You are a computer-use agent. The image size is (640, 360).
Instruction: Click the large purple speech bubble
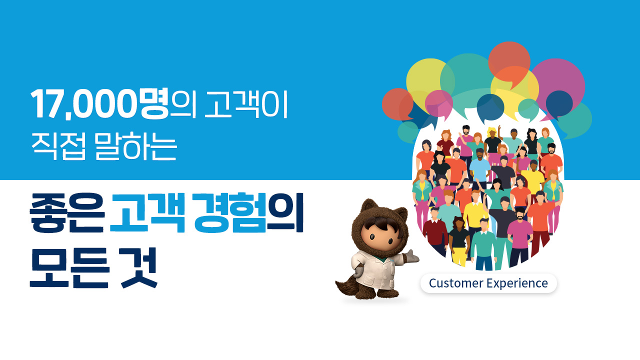point(557,80)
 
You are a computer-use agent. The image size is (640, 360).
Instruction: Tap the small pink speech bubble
point(439,102)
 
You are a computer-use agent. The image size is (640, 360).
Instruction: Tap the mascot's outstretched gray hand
point(412,255)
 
